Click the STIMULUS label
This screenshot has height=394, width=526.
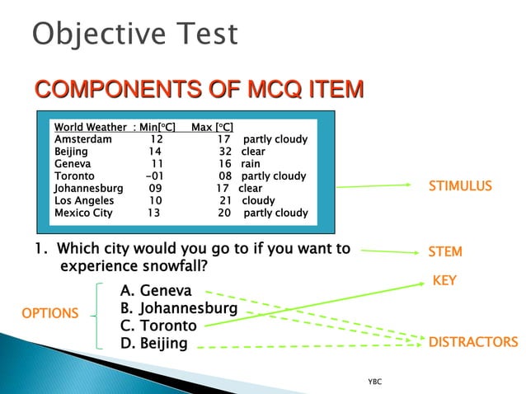tap(459, 186)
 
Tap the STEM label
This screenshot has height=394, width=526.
tap(445, 251)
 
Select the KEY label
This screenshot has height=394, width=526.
tap(444, 281)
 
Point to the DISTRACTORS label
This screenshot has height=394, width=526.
tap(472, 342)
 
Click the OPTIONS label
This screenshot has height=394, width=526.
tap(50, 313)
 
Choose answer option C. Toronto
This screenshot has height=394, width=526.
tap(158, 326)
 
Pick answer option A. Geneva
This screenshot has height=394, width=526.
tap(156, 291)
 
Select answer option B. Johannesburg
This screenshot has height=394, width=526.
tap(179, 308)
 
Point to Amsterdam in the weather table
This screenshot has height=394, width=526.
tap(82, 139)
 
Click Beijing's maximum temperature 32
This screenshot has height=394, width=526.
tap(225, 152)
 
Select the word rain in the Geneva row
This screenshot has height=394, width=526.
tap(250, 164)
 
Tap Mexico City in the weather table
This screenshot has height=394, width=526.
tap(83, 213)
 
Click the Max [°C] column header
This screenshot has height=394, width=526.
tap(212, 127)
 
